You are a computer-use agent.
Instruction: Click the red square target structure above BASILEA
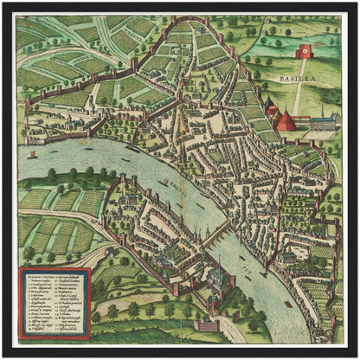(304, 52)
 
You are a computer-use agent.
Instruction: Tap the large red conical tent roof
(286, 120)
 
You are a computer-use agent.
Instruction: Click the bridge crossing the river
(215, 235)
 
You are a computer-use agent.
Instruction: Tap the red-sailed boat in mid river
(164, 183)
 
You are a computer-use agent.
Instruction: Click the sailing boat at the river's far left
(33, 155)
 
